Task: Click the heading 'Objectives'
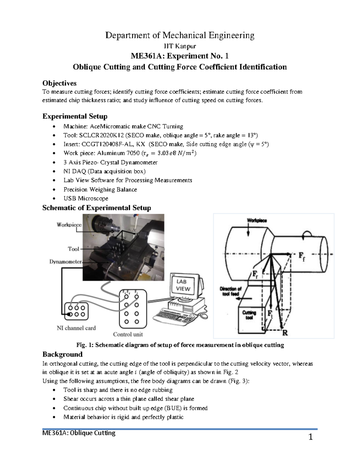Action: click(59, 83)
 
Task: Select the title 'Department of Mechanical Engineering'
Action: click(180, 35)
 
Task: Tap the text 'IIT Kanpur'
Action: click(180, 46)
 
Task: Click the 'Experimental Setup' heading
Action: click(75, 116)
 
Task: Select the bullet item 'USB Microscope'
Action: click(86, 198)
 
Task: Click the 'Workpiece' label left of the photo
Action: click(69, 225)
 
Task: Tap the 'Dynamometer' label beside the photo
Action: click(65, 262)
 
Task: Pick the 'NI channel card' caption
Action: click(76, 328)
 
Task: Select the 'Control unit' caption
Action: click(128, 334)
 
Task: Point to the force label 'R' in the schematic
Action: click(285, 332)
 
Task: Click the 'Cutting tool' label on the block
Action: click(249, 315)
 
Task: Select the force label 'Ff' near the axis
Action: click(301, 257)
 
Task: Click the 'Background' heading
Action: click(62, 354)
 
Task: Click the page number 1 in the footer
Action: click(310, 437)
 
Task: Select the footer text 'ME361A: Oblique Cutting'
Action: click(79, 433)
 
